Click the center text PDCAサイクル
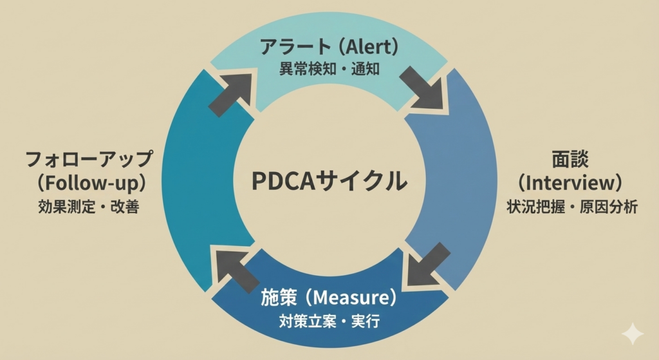[329, 180]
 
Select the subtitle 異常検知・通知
[329, 69]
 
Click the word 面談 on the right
[570, 160]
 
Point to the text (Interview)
[570, 183]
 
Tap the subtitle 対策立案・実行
[329, 320]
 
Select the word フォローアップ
[89, 159]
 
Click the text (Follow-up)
[89, 183]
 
